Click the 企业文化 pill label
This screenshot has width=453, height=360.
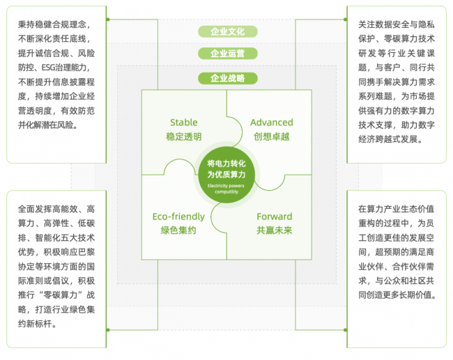[x=228, y=31]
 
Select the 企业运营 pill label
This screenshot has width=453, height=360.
[x=228, y=54]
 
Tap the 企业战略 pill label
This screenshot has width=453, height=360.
[x=228, y=78]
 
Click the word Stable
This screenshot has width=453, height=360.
[x=184, y=123]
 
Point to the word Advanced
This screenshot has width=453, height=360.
[x=272, y=123]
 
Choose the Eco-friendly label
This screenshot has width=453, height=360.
[x=178, y=217]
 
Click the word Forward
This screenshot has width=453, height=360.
[x=275, y=217]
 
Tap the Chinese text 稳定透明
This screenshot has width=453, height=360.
[x=184, y=136]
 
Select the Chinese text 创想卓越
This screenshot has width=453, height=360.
[x=272, y=136]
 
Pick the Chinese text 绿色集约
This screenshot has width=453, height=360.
[x=178, y=230]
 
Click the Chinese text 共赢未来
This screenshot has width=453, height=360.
[x=275, y=230]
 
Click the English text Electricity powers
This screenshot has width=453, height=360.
[x=226, y=186]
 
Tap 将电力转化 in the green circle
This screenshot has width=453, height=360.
[x=227, y=164]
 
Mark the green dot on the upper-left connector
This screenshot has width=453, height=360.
[x=108, y=19]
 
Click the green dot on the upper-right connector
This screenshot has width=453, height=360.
[x=345, y=19]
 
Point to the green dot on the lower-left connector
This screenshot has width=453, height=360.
[x=108, y=329]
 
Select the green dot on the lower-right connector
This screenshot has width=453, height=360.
[x=345, y=329]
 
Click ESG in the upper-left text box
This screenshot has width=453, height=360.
[x=49, y=68]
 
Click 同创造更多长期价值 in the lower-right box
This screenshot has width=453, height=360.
[x=397, y=295]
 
